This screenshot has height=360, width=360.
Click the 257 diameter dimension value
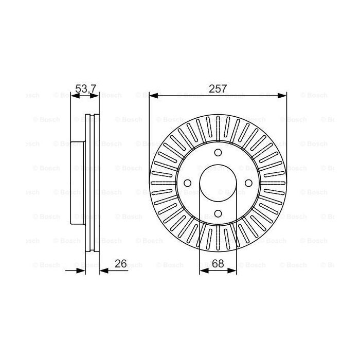[x=218, y=88]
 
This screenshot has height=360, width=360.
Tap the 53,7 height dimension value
[x=85, y=88]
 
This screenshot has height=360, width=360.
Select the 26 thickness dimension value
[x=120, y=264]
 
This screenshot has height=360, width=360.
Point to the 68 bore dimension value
[x=218, y=264]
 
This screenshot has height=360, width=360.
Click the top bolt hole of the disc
[x=218, y=152]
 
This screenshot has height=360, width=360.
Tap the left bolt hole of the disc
[x=186, y=184]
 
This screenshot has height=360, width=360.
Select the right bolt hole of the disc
[x=249, y=184]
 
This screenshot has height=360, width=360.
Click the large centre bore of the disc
[x=218, y=184]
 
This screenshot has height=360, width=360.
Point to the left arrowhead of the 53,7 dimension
[x=73, y=96]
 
